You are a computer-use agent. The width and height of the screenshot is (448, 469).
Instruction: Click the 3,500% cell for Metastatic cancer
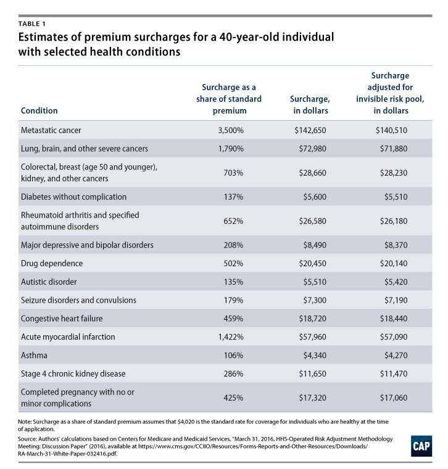(x=223, y=131)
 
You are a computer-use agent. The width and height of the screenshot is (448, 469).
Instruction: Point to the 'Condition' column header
(x=39, y=111)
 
